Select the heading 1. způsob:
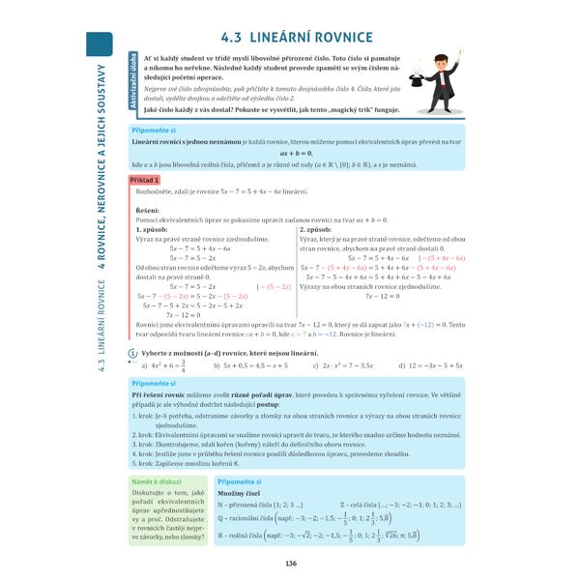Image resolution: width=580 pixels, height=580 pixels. click(x=153, y=229)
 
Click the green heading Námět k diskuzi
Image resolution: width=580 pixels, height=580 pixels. click(x=157, y=480)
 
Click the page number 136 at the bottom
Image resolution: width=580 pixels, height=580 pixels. click(x=290, y=564)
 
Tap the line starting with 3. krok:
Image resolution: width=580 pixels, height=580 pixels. click(x=251, y=434)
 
